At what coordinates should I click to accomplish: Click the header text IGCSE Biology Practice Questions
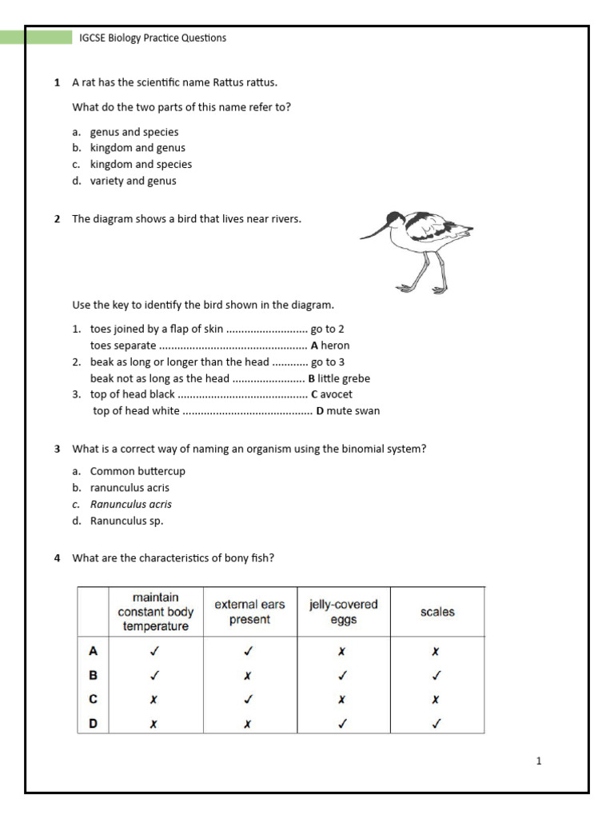click(152, 38)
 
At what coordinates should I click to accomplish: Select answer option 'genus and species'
click(134, 132)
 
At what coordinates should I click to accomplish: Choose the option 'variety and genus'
click(133, 181)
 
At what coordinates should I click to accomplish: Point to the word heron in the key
click(335, 346)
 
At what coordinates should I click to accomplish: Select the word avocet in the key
click(336, 394)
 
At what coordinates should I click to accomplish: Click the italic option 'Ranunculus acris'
click(130, 505)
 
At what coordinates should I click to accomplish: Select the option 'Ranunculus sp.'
click(126, 521)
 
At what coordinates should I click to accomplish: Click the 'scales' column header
click(437, 612)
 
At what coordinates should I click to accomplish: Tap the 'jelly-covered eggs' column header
click(343, 612)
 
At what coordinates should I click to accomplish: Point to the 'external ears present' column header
click(249, 612)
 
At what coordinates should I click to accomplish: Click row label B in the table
click(93, 675)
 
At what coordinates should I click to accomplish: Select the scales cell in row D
click(437, 724)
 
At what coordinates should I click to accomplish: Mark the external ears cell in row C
click(249, 699)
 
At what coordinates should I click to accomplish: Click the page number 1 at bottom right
click(539, 761)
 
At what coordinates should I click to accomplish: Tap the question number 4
click(58, 558)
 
